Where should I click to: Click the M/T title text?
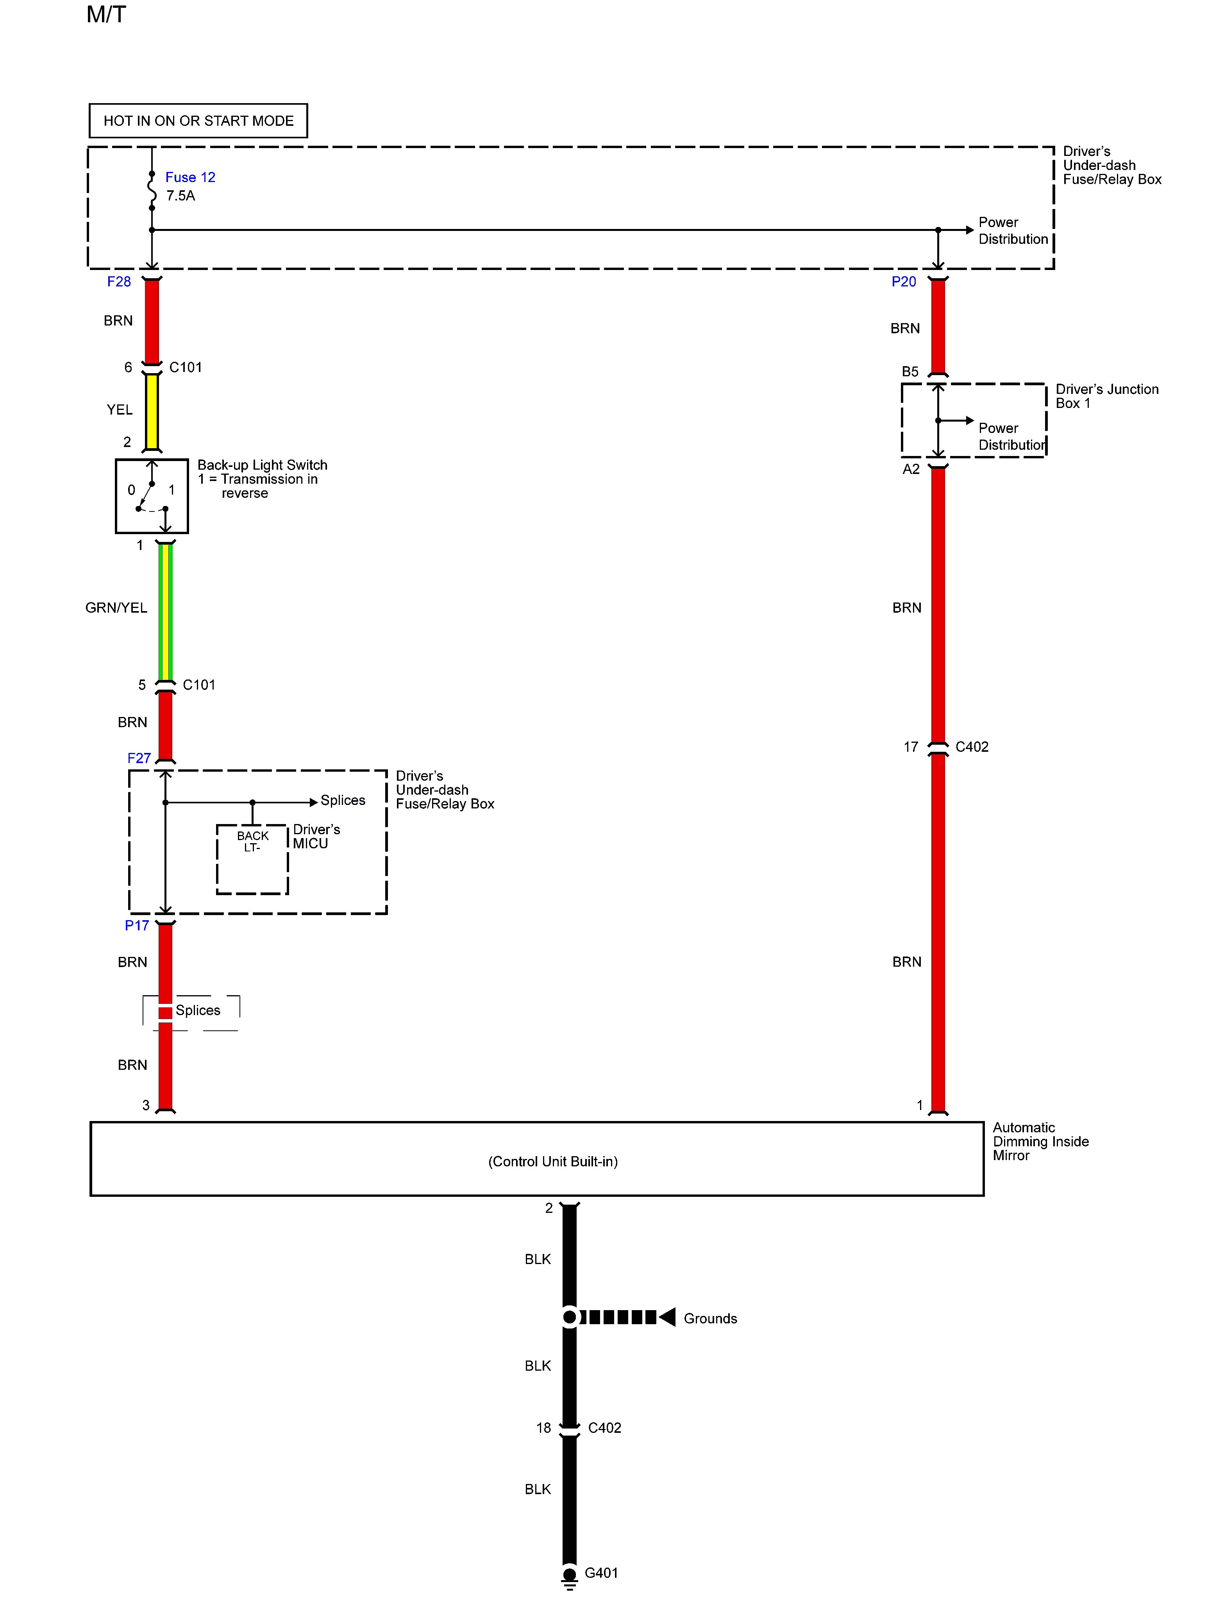pos(106,14)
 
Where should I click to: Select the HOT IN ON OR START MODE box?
pos(198,121)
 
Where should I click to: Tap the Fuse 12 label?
pos(190,177)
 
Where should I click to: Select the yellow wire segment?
pos(152,411)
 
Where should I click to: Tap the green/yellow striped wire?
pos(165,612)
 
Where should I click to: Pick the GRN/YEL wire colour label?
pos(116,608)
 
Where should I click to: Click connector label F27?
pos(138,758)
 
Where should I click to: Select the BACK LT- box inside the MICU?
pos(252,860)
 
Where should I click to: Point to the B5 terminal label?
pos(910,372)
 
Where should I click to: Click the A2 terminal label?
pos(911,469)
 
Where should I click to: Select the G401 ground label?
pos(601,1573)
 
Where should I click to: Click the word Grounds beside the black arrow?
pos(709,1319)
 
